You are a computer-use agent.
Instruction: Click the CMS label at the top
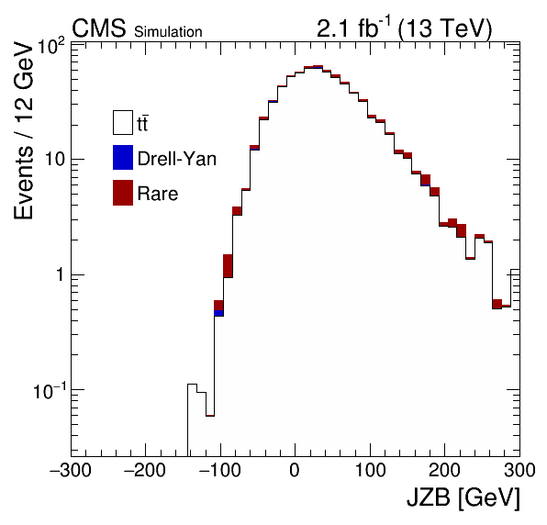[99, 28]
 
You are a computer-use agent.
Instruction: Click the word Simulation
[168, 32]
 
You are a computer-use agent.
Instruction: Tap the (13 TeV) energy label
[444, 28]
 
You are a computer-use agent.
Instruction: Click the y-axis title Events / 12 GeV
[24, 130]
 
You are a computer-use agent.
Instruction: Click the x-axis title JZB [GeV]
[463, 497]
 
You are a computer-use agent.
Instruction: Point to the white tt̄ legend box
[123, 122]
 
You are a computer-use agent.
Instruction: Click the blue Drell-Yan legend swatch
[123, 157]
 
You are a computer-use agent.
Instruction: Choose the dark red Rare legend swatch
[123, 193]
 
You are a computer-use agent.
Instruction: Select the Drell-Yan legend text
[177, 159]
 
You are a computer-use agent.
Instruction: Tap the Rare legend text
[158, 194]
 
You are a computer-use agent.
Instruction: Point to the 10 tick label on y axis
[55, 160]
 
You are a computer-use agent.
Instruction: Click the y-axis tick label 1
[61, 274]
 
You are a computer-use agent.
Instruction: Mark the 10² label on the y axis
[51, 47]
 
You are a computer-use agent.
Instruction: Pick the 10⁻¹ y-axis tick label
[50, 391]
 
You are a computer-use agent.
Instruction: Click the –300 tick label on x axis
[71, 470]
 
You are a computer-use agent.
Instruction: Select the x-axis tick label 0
[295, 470]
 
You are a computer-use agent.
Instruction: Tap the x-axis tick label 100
[370, 470]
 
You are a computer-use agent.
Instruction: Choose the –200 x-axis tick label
[145, 470]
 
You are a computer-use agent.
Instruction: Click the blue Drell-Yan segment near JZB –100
[218, 313]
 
